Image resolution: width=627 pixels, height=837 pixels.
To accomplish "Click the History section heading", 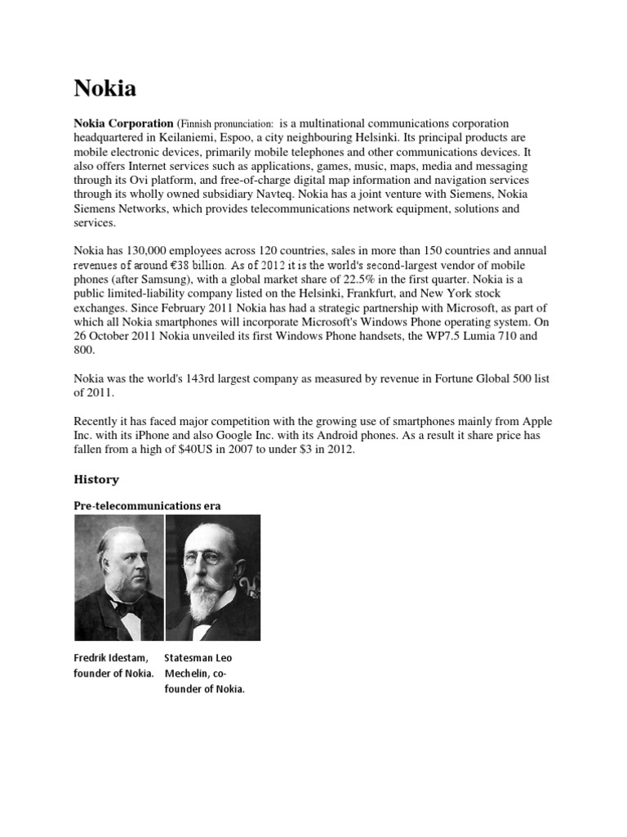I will (x=97, y=480).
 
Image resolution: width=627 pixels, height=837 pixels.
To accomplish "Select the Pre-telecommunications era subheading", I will (x=147, y=506).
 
